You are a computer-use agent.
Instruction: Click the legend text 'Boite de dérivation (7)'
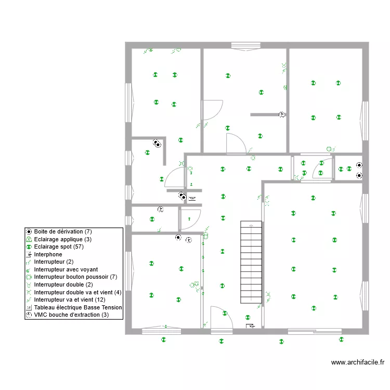tap(63, 231)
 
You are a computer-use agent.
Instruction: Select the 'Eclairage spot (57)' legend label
tap(59, 246)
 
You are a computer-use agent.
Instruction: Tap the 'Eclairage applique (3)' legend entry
tap(63, 239)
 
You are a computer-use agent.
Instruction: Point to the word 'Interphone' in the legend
tap(48, 254)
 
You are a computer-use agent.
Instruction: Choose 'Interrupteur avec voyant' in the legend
tap(66, 269)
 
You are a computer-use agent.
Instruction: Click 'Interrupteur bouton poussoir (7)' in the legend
tap(75, 277)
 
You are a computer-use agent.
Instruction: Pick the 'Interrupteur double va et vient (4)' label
tap(77, 292)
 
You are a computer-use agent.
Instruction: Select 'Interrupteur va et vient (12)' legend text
tap(70, 300)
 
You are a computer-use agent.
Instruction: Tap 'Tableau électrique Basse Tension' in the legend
tap(78, 307)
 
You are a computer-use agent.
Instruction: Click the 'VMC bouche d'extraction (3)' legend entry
tap(71, 315)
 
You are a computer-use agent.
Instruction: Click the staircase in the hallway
tap(251, 262)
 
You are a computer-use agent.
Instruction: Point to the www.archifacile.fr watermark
tap(358, 362)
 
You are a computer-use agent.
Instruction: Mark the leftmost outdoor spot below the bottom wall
tap(163, 340)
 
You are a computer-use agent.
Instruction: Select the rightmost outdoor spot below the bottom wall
tap(341, 339)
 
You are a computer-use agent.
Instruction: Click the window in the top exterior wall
tap(246, 46)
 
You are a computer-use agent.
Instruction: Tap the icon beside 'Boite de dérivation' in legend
tap(29, 231)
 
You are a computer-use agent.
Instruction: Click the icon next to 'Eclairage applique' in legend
tap(29, 239)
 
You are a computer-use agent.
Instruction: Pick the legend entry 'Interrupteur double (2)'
tap(63, 284)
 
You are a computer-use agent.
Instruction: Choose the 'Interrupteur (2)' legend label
tap(54, 262)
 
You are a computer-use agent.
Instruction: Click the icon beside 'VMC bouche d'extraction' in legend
tap(29, 315)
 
